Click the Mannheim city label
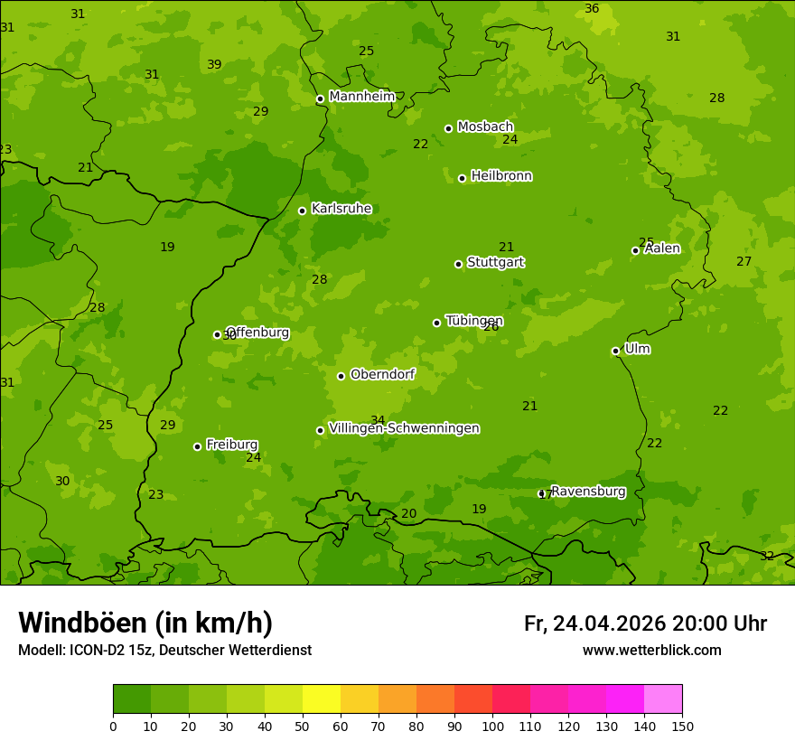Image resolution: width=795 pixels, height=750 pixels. tap(361, 96)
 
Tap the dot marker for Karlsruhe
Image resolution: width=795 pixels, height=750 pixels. tap(302, 211)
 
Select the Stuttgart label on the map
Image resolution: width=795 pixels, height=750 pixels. tap(495, 262)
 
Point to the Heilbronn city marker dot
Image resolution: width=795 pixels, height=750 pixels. tap(462, 178)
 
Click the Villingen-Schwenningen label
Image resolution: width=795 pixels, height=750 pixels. tap(404, 428)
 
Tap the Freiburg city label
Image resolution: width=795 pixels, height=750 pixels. tap(231, 445)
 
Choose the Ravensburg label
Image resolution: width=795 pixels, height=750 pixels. tap(588, 492)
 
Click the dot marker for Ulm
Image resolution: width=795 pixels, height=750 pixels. tap(615, 351)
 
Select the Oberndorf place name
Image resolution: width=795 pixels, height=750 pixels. tap(382, 374)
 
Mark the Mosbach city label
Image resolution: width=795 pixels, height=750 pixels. tap(485, 127)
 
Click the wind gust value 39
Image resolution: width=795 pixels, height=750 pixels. tap(214, 64)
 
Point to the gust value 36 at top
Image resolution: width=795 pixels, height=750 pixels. tap(592, 8)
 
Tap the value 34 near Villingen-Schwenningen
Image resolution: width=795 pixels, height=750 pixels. tap(378, 420)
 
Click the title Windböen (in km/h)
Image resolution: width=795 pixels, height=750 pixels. tap(145, 623)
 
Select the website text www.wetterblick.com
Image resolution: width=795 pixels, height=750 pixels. tap(651, 651)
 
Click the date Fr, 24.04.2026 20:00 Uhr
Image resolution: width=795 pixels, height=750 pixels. tap(645, 623)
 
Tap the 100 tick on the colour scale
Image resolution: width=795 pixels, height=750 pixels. tap(492, 726)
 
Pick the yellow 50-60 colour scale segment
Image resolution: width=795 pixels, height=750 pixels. tap(322, 699)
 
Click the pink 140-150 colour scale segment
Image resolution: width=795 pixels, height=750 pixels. tap(663, 699)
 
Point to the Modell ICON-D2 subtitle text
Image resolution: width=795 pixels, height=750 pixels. tap(164, 651)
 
